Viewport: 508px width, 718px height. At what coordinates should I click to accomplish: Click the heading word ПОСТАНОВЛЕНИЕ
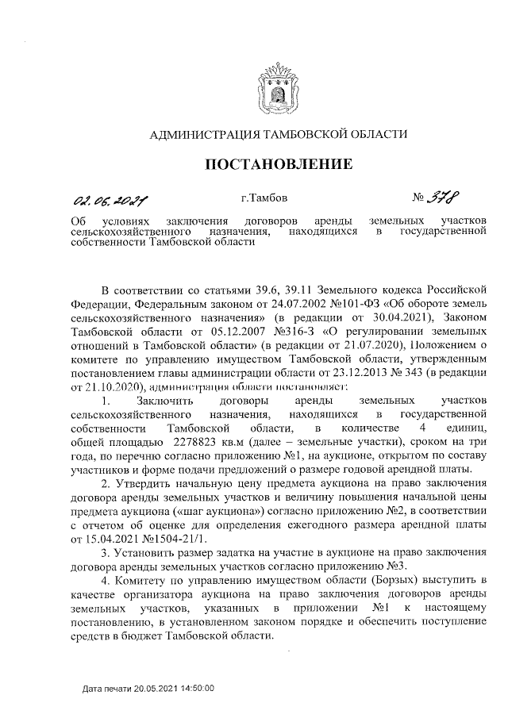pos(279,165)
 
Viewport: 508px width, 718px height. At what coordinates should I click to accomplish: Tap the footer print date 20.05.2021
pos(152,688)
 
